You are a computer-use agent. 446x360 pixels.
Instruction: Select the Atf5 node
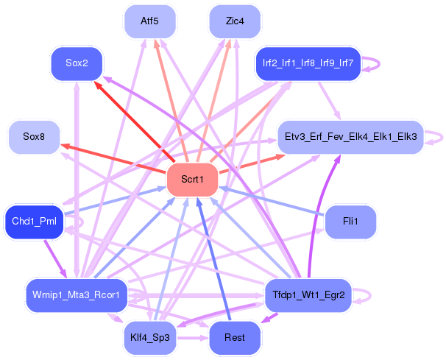point(150,21)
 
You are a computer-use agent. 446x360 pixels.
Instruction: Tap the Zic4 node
point(235,21)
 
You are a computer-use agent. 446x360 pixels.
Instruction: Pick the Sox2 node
point(77,63)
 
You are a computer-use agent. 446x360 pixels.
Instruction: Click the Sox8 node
point(34,137)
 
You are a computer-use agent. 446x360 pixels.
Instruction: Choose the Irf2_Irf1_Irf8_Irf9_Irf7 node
point(308,63)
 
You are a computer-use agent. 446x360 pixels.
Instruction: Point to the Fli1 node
point(350,222)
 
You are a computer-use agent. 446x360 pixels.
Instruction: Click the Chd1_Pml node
point(34,222)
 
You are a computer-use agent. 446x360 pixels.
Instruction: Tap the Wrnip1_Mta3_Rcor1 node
point(77,295)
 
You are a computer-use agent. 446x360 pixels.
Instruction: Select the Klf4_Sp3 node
point(150,338)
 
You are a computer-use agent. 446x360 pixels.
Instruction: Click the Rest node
point(235,338)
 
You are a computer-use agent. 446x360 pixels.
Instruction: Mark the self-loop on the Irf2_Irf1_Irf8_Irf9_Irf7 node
point(378,63)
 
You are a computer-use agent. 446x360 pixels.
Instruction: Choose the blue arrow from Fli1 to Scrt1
point(272,201)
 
